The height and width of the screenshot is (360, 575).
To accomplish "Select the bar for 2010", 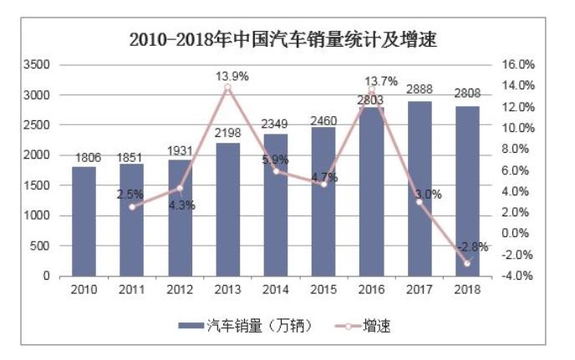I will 84,221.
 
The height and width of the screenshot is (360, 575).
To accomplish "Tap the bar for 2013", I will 227,209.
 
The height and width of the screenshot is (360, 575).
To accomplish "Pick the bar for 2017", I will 420,188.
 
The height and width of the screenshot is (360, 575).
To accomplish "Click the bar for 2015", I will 323,201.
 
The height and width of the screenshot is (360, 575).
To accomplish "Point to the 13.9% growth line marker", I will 227,87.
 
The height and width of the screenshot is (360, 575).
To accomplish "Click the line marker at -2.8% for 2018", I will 467,263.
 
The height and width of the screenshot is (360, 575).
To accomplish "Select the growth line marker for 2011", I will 131,206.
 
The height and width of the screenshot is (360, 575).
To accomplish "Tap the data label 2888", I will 420,89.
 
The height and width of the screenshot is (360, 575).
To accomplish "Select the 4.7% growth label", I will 323,177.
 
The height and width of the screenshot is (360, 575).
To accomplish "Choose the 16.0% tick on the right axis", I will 516,64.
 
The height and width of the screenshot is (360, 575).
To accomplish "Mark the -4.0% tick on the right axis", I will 516,276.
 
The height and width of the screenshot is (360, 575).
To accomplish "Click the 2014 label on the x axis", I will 276,289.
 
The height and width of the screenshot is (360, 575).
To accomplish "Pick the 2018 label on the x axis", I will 467,289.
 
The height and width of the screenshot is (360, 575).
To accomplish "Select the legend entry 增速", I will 374,326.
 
